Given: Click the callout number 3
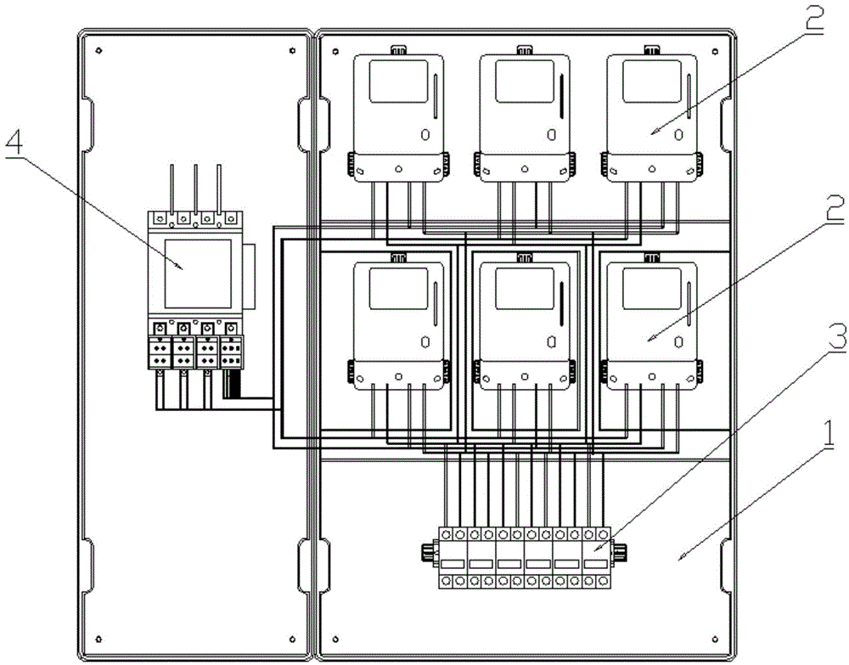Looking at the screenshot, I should click(x=812, y=338).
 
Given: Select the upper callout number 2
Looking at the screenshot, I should click(x=812, y=19).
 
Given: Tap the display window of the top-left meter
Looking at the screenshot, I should click(x=396, y=82).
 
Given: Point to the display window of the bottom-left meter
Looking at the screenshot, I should click(x=396, y=287).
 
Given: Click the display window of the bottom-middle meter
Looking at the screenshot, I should click(x=524, y=287).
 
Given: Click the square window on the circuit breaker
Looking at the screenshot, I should click(x=196, y=273).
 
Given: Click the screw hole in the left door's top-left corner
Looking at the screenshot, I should click(x=99, y=49).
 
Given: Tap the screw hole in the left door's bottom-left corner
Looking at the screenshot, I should click(x=99, y=637).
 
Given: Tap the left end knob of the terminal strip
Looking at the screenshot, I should click(x=424, y=554).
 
